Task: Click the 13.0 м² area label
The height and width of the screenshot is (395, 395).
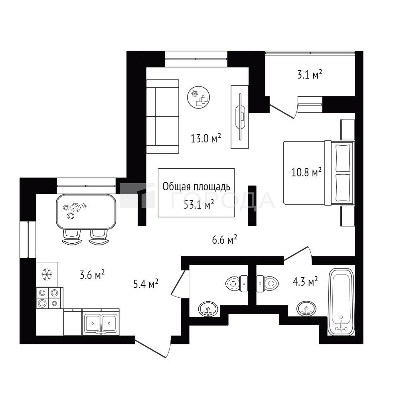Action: [206, 138]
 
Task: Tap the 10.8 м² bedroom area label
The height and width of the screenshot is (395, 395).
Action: [306, 172]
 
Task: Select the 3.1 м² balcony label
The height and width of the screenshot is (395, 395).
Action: [310, 75]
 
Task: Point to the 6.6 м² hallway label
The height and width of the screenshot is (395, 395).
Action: [225, 240]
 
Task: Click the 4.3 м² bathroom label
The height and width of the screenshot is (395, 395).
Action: [305, 282]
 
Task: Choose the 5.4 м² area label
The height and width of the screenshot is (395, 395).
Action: [146, 284]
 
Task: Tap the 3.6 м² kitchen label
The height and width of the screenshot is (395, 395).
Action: [92, 275]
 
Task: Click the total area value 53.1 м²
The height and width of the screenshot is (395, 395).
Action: [199, 205]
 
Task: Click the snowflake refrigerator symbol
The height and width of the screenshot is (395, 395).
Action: [47, 275]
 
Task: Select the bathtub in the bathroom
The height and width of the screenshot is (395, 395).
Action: [341, 302]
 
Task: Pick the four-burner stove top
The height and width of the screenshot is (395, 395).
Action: [48, 298]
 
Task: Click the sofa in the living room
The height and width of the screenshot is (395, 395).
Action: [162, 117]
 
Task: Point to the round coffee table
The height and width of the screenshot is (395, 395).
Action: [199, 97]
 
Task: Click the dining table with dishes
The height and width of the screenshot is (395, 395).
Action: [86, 211]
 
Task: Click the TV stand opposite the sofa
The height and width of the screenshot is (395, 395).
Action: [240, 117]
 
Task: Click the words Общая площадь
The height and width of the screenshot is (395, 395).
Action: [196, 187]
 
